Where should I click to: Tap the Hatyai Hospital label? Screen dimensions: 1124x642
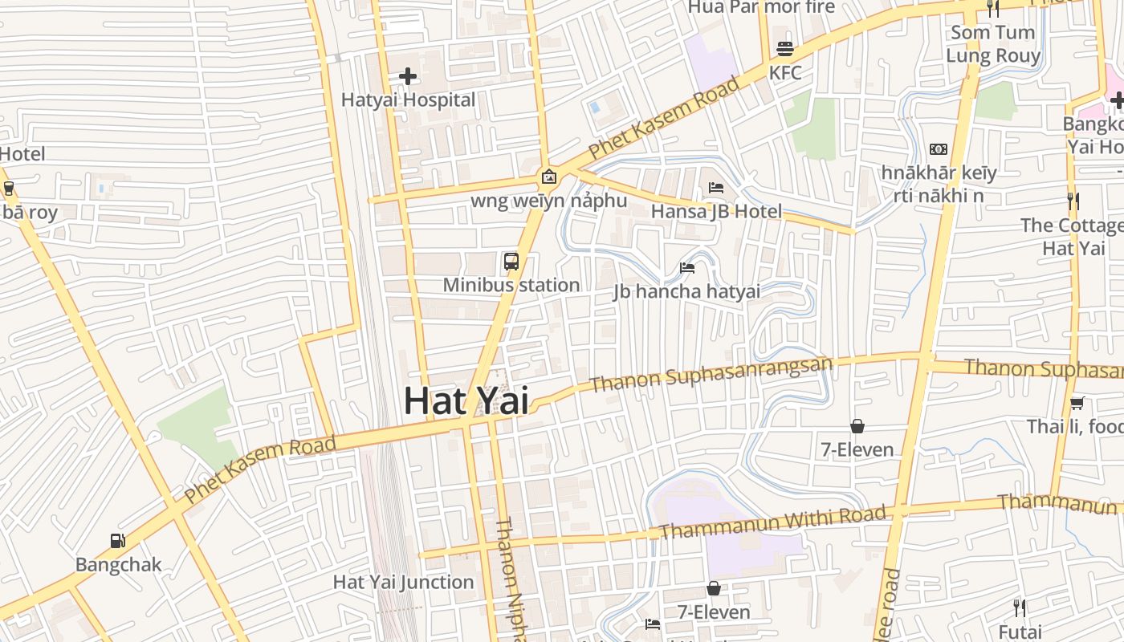pyautogui.click(x=408, y=100)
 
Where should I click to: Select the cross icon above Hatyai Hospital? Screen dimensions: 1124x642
pyautogui.click(x=408, y=76)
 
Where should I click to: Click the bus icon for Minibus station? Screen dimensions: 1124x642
pyautogui.click(x=511, y=261)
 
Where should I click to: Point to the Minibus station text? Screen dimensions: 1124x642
pyautogui.click(x=511, y=285)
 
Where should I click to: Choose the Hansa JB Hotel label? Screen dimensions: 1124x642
pyautogui.click(x=716, y=212)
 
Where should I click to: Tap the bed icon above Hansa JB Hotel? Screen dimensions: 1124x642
pyautogui.click(x=716, y=188)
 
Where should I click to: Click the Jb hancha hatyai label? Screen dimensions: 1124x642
pyautogui.click(x=686, y=291)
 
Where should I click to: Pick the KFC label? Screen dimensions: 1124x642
pyautogui.click(x=785, y=73)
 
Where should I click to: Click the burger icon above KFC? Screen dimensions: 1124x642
pyautogui.click(x=785, y=49)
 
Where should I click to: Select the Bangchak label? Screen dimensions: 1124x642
pyautogui.click(x=118, y=565)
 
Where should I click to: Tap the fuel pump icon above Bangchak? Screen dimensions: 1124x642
pyautogui.click(x=118, y=541)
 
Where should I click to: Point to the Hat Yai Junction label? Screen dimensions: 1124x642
pyautogui.click(x=403, y=583)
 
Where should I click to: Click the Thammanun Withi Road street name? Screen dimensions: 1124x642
pyautogui.click(x=773, y=522)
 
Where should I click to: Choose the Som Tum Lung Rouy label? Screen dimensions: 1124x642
pyautogui.click(x=993, y=44)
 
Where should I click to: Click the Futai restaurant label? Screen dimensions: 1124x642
pyautogui.click(x=1020, y=632)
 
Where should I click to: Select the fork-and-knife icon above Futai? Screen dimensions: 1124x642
pyautogui.click(x=1020, y=607)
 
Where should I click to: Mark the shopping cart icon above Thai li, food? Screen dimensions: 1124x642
pyautogui.click(x=1077, y=403)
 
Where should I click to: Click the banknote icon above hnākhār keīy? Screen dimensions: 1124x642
pyautogui.click(x=939, y=149)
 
